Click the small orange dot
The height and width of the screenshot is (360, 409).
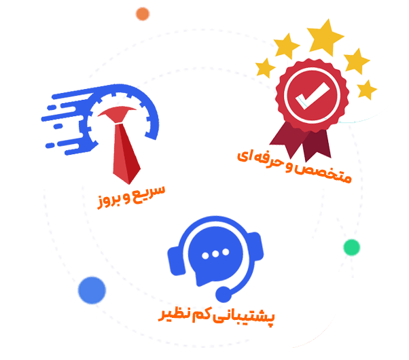pyautogui.click(x=143, y=13)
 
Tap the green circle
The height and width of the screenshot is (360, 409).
pyautogui.click(x=351, y=247)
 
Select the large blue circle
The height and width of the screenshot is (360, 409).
pyautogui.click(x=92, y=290)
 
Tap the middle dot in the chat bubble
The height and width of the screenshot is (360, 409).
pyautogui.click(x=216, y=254)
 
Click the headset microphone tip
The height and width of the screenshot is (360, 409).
pyautogui.click(x=224, y=294)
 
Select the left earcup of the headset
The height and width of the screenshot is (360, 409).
pyautogui.click(x=176, y=257)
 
